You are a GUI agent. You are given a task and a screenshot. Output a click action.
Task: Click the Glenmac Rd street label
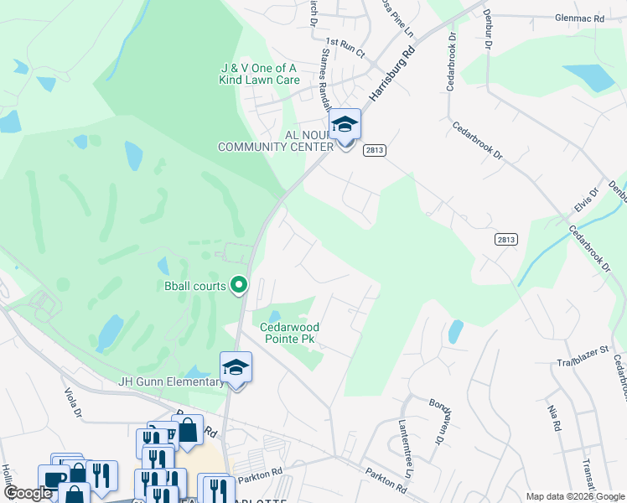(x=579, y=18)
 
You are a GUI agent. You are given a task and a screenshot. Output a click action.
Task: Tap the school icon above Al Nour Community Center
(x=344, y=126)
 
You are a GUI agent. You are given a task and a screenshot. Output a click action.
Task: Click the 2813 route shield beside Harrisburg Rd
(x=374, y=150)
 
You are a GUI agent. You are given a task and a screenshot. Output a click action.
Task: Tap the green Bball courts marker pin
(x=239, y=286)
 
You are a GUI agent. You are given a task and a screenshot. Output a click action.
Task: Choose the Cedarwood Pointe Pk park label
(x=289, y=333)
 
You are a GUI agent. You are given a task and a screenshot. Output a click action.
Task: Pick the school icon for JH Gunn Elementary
(x=236, y=368)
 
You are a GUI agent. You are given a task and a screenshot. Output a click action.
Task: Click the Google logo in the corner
(x=27, y=493)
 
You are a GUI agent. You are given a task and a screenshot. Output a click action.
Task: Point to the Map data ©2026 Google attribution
(x=574, y=496)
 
